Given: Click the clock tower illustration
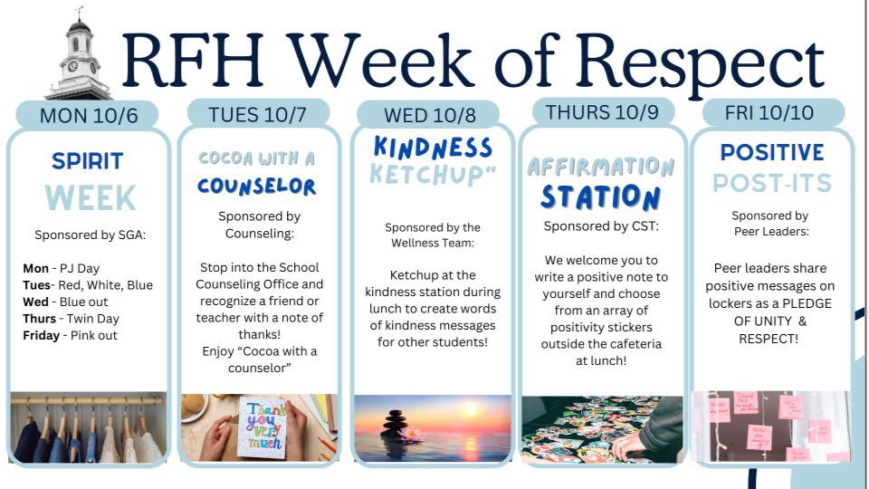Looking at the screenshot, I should [x=79, y=59].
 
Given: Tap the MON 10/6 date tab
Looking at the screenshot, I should [x=87, y=115].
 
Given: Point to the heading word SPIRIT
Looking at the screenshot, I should [x=88, y=161].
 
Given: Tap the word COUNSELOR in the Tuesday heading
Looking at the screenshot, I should [x=257, y=187].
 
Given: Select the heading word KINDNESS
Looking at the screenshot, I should [x=433, y=148].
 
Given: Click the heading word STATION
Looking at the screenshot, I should [x=601, y=196].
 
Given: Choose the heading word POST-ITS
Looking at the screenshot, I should [x=771, y=183].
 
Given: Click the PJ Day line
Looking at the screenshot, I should [x=62, y=268].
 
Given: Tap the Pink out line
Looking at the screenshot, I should [x=70, y=336].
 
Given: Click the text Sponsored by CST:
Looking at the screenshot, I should [x=601, y=225].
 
